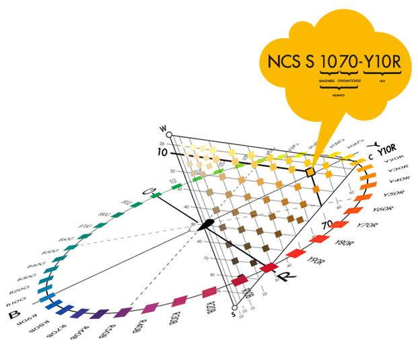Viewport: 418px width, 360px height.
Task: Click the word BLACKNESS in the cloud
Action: pos(326,80)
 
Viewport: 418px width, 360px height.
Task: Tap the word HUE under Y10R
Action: pos(383,80)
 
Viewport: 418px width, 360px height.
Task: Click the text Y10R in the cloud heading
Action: pos(383,63)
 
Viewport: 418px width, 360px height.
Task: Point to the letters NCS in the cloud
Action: pos(282,63)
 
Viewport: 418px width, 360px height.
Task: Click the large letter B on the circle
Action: pos(11,315)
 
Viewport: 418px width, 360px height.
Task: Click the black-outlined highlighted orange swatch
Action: pos(310,173)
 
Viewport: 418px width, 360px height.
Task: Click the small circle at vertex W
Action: pos(170,135)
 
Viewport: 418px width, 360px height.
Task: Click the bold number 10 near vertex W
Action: pos(162,153)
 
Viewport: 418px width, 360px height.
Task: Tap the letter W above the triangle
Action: pos(162,128)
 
